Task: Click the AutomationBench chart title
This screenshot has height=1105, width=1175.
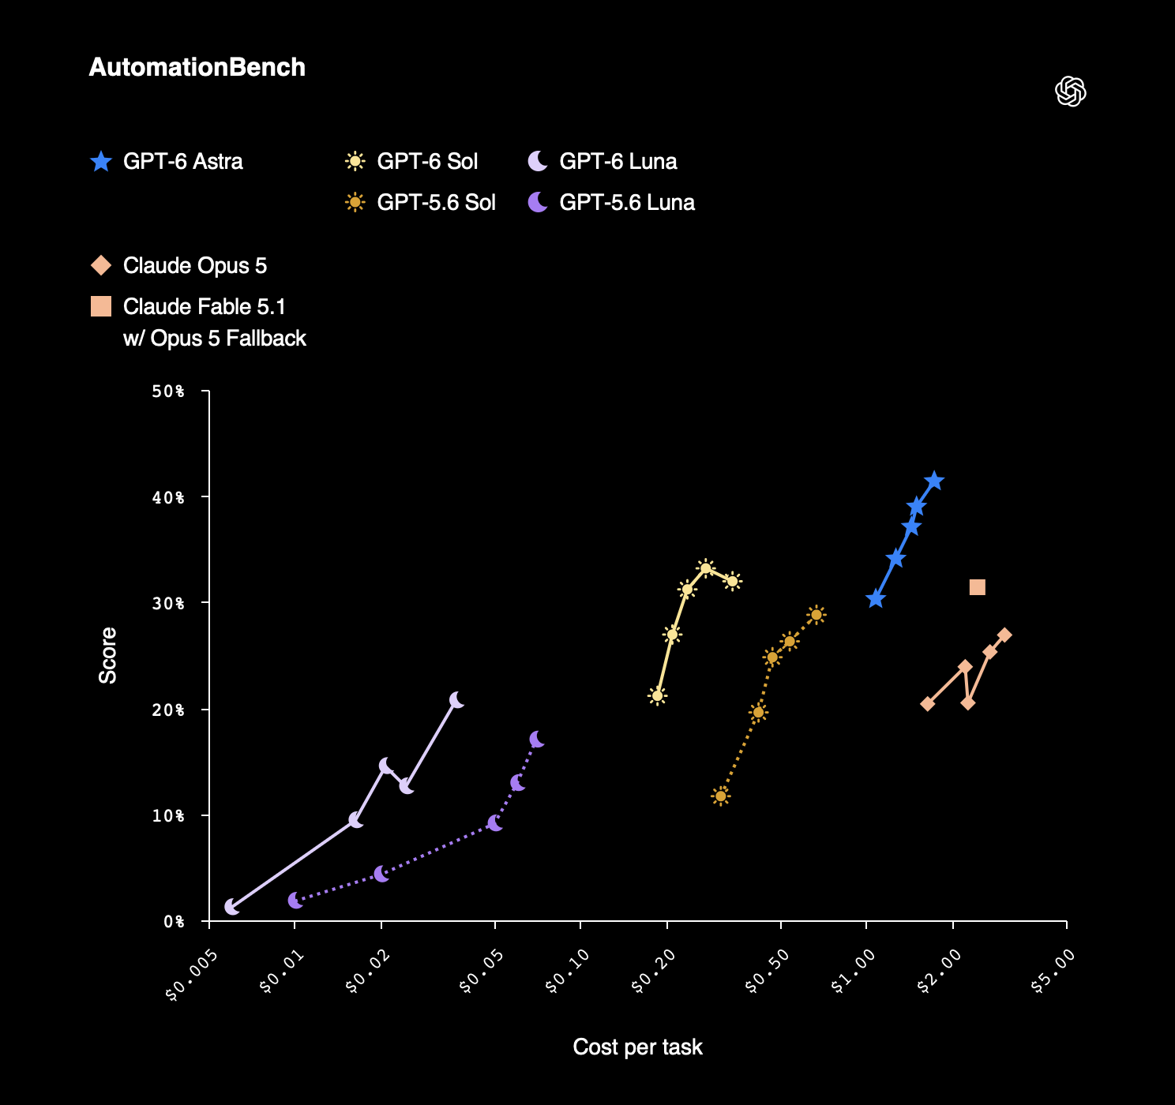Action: [197, 67]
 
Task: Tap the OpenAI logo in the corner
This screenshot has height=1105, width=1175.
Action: [1070, 91]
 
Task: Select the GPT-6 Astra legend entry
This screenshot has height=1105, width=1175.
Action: [167, 161]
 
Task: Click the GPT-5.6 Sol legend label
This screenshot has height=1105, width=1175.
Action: [436, 202]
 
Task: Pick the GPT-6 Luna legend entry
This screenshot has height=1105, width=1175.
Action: [603, 161]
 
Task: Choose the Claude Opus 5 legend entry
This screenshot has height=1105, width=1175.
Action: [178, 266]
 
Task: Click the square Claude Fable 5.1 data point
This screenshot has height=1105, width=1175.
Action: [978, 586]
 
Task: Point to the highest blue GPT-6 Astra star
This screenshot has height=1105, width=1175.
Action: [934, 481]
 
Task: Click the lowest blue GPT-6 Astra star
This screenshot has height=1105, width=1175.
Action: [876, 598]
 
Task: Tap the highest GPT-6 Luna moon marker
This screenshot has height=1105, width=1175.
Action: [456, 700]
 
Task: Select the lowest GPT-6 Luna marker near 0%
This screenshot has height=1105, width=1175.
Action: [232, 907]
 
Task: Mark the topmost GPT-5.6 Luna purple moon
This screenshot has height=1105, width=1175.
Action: [537, 739]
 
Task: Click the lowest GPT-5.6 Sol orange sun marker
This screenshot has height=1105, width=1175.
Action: [721, 796]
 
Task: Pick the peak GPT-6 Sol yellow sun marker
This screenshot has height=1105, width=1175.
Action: [705, 568]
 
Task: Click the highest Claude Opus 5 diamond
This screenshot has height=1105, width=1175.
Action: [1004, 635]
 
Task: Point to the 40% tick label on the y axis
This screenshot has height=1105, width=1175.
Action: [168, 497]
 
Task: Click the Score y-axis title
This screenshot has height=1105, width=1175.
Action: [107, 655]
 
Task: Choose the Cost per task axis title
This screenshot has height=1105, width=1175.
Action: [637, 1047]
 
